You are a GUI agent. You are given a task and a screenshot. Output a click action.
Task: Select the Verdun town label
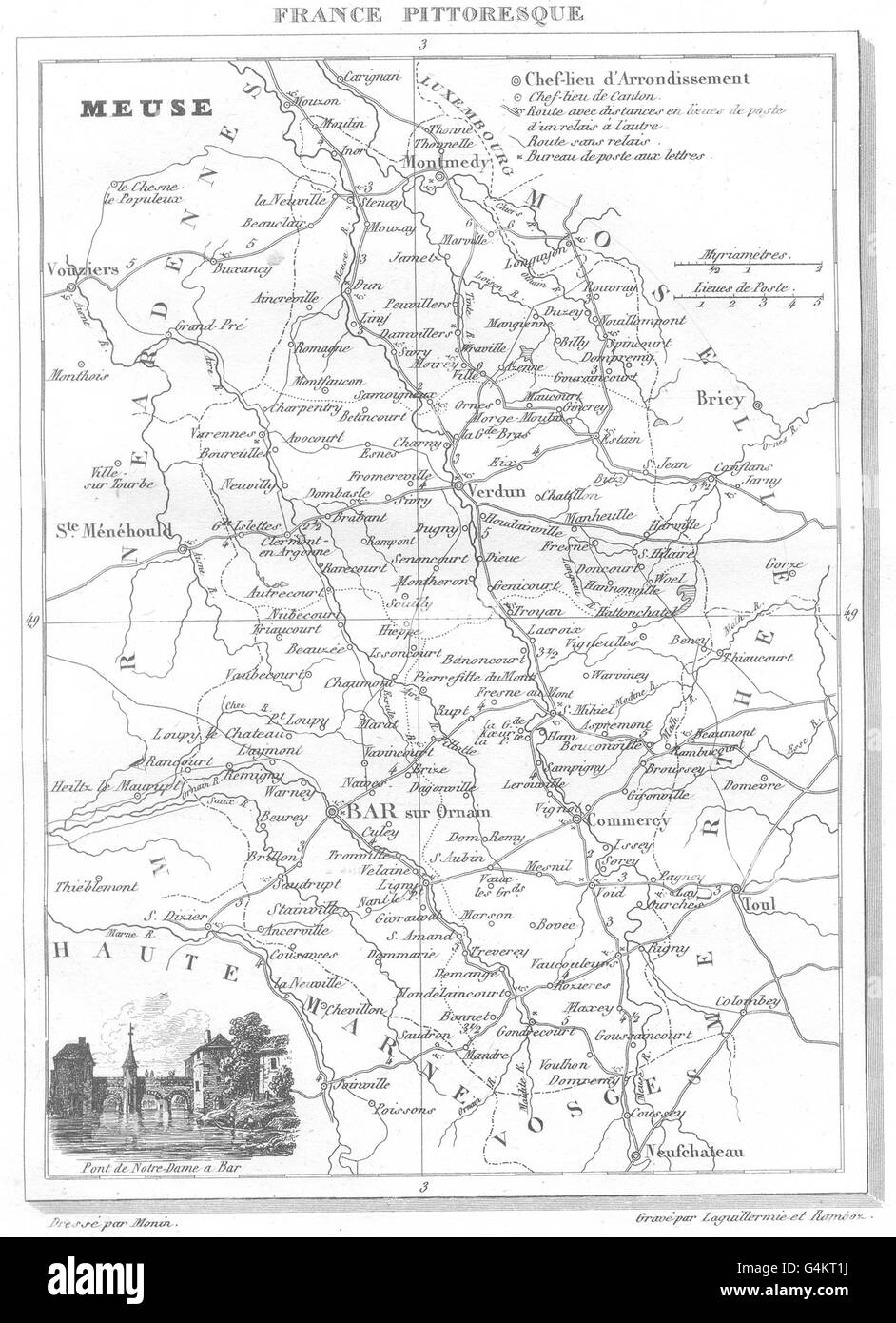[x=498, y=491]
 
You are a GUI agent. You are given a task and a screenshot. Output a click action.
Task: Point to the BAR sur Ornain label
[x=412, y=812]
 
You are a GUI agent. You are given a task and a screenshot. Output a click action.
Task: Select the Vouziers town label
[x=81, y=269]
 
